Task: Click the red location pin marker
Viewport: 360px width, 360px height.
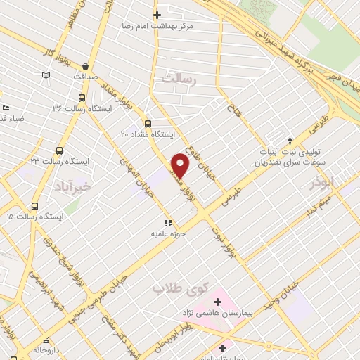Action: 181,166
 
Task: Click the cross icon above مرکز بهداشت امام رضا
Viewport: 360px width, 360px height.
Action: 157,15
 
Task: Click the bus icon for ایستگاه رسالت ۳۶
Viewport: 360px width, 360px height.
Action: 82,98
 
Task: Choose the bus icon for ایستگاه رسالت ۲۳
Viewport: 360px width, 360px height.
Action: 59,150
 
